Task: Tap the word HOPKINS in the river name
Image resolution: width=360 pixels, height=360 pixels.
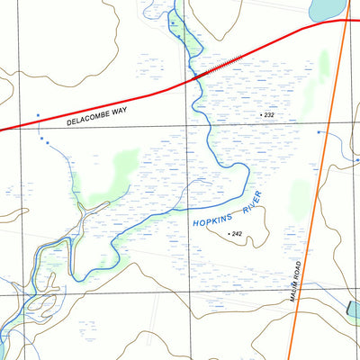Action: [x=212, y=217]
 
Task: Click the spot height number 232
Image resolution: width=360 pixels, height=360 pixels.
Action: [x=268, y=116]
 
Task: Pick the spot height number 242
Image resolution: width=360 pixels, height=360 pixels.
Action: [x=237, y=234]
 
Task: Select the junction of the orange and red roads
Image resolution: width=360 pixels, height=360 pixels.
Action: [x=345, y=21]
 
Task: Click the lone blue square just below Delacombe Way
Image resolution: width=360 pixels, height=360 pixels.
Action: [x=38, y=116]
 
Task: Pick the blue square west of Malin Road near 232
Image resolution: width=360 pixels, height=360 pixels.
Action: [x=319, y=132]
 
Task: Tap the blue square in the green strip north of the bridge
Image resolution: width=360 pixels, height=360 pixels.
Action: [x=172, y=20]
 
